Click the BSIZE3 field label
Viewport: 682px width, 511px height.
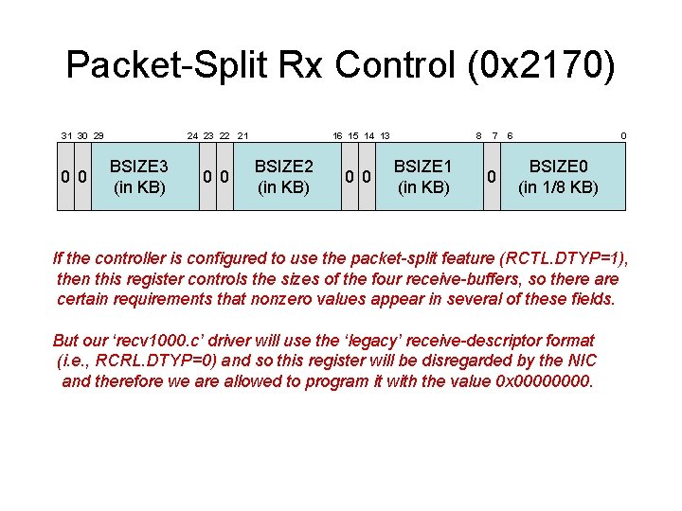139,166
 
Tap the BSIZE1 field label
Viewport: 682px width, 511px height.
423,166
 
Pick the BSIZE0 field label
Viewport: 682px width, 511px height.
558,166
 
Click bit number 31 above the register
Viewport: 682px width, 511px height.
66,136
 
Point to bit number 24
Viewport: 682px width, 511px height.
192,136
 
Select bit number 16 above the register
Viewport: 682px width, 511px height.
337,136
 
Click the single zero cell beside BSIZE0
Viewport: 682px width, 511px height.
491,176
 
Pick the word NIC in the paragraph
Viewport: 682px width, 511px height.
581,361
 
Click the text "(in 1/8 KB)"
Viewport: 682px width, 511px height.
558,186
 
